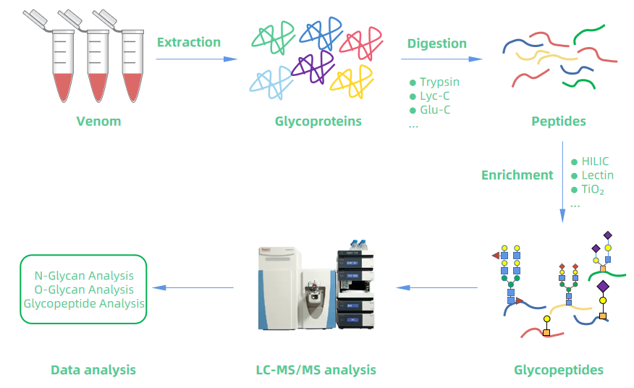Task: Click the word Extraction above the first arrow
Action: point(188,42)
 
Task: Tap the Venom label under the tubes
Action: point(98,121)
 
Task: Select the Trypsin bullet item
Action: point(439,82)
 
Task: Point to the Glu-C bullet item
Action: point(435,111)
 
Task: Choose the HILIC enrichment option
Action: point(594,161)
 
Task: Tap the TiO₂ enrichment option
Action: point(591,190)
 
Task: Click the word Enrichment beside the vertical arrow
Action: point(517,174)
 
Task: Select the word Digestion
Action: point(437,43)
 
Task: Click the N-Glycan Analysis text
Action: point(84,276)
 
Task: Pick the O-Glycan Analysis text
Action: point(84,290)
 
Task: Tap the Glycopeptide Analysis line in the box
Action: point(84,303)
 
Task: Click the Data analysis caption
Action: point(93,370)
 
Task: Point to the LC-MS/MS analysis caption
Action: point(316,370)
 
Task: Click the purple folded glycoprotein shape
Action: point(312,69)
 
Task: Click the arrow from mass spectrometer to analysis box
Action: point(195,288)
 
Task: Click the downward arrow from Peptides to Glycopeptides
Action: point(562,181)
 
